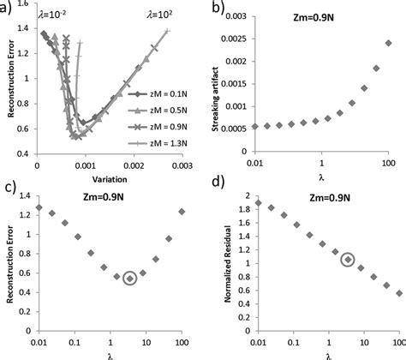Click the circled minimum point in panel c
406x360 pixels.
coord(129,278)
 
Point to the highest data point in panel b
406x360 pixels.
coord(388,42)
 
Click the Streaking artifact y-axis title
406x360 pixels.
coord(221,81)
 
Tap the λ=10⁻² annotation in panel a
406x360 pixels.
coord(53,15)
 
